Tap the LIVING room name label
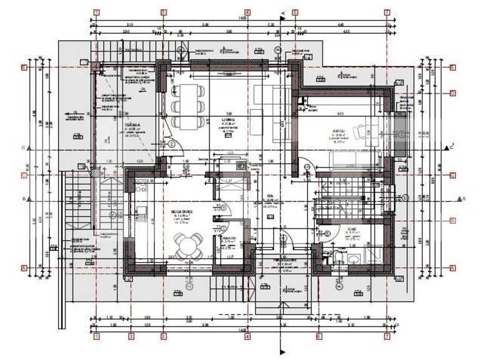click(x=229, y=115)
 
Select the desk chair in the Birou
click(x=360, y=131)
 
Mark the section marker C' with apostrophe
click(x=449, y=148)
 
